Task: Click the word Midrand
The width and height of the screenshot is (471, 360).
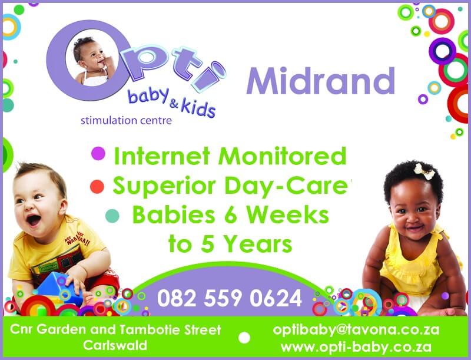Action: tap(320, 81)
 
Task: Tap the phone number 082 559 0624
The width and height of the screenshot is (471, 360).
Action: tap(230, 298)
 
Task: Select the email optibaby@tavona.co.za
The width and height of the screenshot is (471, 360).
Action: tap(356, 329)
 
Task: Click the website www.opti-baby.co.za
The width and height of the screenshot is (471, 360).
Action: tap(356, 347)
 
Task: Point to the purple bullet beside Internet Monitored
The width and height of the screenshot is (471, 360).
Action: tap(98, 154)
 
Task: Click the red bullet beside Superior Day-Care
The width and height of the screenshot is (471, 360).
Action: tap(97, 186)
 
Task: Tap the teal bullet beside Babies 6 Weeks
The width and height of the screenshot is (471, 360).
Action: tap(112, 216)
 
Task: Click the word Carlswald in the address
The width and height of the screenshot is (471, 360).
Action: tap(115, 345)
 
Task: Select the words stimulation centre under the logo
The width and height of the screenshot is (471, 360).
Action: tap(126, 121)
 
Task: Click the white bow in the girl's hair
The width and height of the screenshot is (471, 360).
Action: tap(424, 171)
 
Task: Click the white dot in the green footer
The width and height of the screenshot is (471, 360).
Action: tap(244, 338)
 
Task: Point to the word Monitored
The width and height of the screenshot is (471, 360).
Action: tap(283, 156)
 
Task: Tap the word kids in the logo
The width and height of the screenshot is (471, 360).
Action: tap(198, 107)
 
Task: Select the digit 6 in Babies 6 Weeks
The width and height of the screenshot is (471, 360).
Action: tap(231, 216)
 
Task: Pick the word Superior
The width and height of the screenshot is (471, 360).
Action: tap(164, 186)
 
